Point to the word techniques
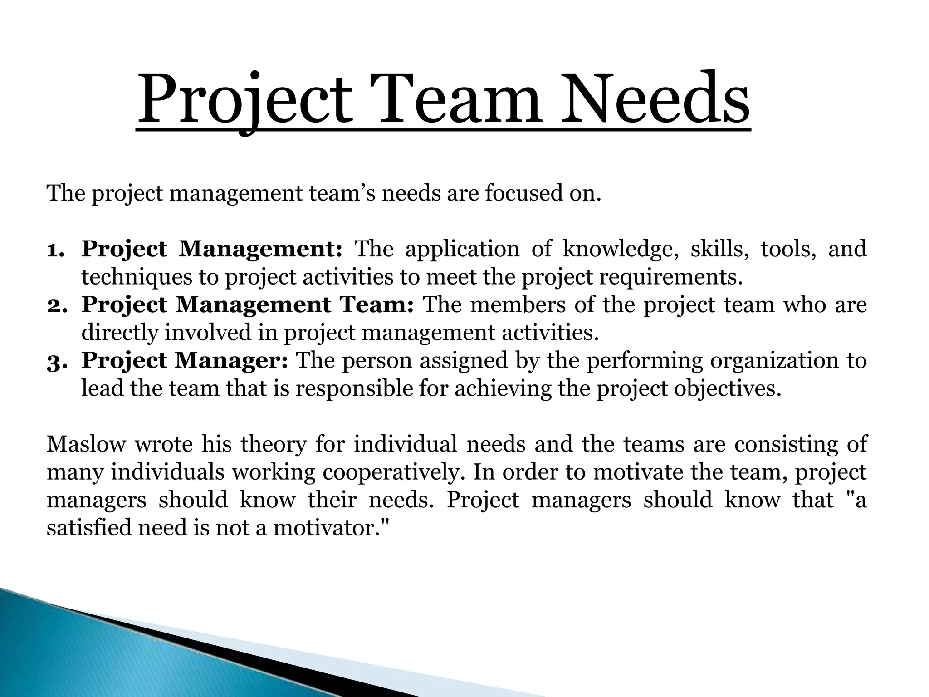(x=137, y=278)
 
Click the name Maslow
(x=86, y=444)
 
